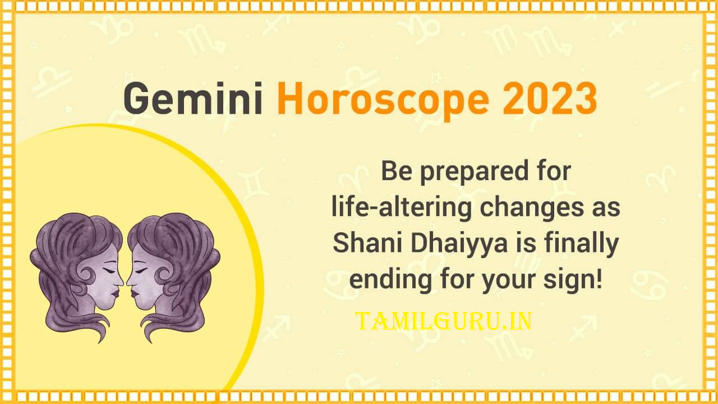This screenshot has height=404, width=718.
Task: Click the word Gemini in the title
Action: point(193,98)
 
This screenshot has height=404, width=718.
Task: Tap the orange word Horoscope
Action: point(383,102)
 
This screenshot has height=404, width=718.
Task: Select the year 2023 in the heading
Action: point(550,98)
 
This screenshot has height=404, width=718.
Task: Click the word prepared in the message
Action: point(474,173)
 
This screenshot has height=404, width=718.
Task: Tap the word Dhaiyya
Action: point(459,244)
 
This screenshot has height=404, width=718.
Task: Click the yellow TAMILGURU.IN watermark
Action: point(444,322)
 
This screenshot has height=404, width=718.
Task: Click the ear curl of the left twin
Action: point(86,276)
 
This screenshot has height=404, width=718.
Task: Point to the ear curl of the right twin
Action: point(163,276)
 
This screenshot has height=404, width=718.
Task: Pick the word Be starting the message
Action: point(397,171)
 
